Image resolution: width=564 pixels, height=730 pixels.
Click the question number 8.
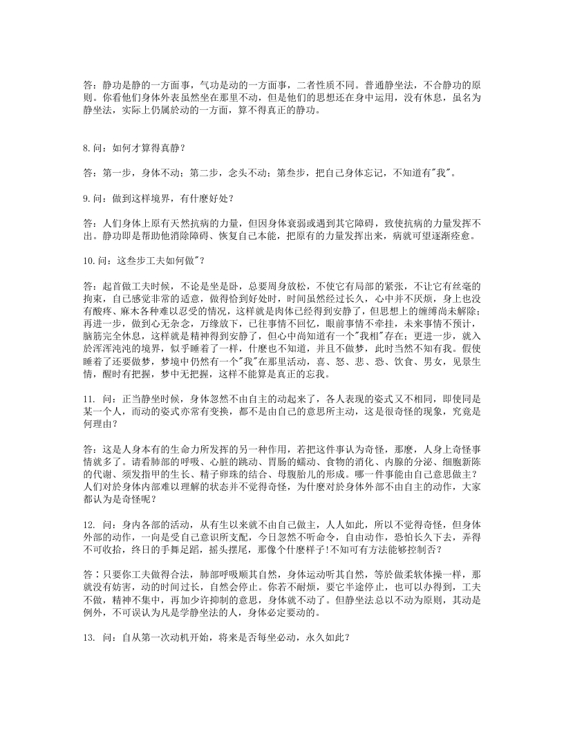[x=86, y=147]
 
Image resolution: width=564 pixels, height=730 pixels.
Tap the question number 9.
[x=86, y=198]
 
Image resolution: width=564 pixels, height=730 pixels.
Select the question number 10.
[x=89, y=260]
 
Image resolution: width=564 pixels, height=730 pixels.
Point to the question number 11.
[x=88, y=400]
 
